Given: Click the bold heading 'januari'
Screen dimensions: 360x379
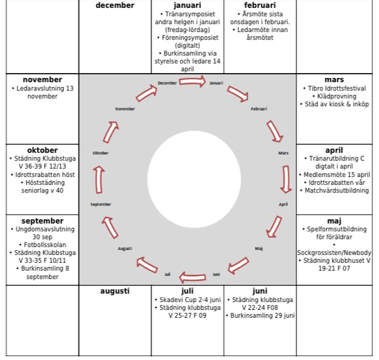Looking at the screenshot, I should (187, 5).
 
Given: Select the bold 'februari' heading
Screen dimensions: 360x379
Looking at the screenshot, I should (260, 5).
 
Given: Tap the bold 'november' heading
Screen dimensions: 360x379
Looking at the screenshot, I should (42, 80).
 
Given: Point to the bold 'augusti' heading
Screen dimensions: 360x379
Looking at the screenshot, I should (115, 291).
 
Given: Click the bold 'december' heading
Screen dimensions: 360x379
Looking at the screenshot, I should (115, 5).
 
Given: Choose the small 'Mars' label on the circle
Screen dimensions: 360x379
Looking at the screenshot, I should (283, 153).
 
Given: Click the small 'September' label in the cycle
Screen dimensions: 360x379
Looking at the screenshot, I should (101, 204).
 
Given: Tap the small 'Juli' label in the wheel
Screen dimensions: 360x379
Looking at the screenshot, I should (168, 274).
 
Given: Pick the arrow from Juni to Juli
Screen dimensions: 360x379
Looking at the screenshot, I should (193, 275).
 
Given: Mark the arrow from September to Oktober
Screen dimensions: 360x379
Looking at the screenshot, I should (98, 179).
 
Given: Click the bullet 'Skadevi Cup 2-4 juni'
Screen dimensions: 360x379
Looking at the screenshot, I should (188, 299).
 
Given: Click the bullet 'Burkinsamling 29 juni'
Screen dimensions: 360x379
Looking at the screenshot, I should (261, 315).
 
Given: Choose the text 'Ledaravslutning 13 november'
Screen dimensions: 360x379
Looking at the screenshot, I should (42, 92).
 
